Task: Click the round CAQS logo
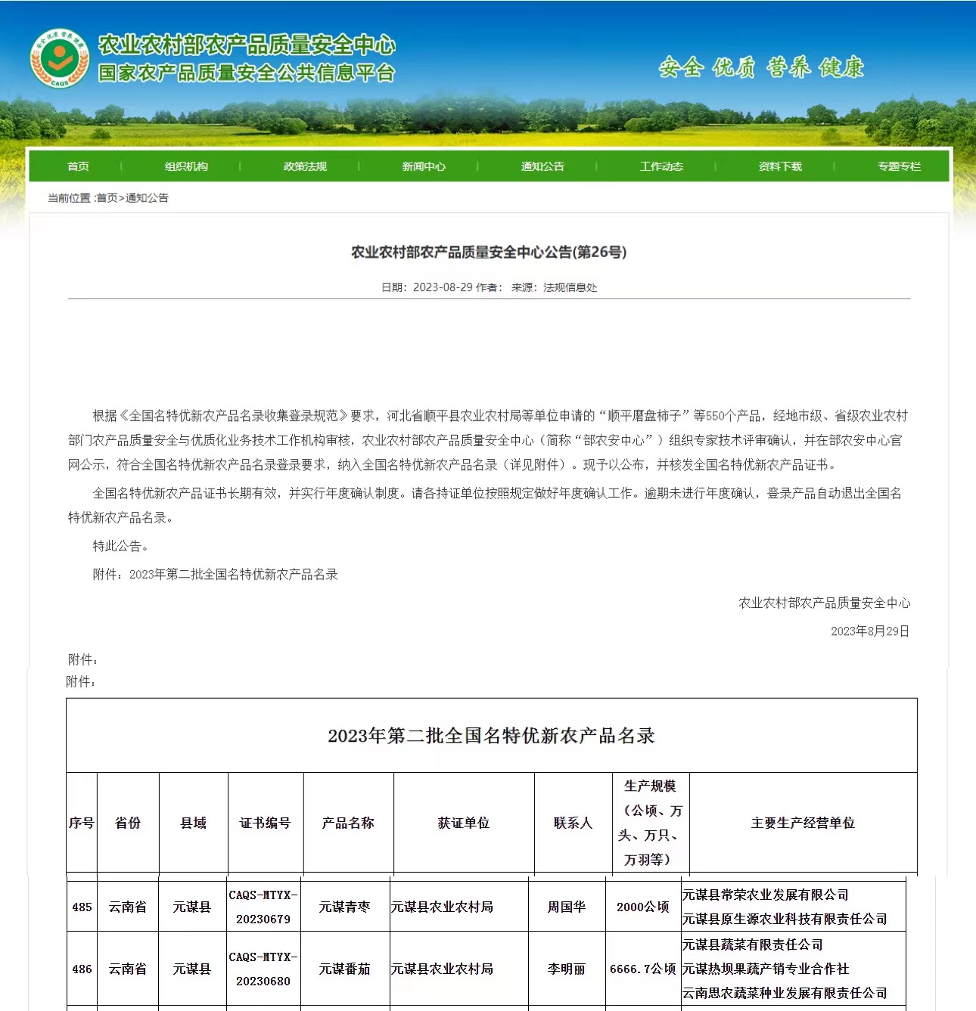tap(59, 57)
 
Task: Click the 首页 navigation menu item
tap(78, 166)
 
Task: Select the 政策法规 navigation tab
tap(305, 166)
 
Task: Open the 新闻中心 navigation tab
tap(424, 166)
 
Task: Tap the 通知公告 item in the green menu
tap(542, 166)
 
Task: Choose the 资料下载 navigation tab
tap(780, 166)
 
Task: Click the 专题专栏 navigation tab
tap(899, 166)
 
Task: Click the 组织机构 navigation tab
tap(186, 166)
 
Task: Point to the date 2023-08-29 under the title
tap(443, 287)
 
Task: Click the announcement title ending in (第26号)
tap(489, 253)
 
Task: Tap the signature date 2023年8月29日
tap(869, 631)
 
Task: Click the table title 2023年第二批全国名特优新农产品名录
tap(491, 736)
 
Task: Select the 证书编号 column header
tap(265, 823)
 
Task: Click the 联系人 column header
tap(573, 823)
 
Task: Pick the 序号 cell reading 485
tap(82, 907)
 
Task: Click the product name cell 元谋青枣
tap(344, 907)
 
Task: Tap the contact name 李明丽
tap(566, 969)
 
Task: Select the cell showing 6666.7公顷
tap(642, 969)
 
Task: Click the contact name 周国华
tap(566, 907)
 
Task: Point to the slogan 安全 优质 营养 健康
tap(761, 68)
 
